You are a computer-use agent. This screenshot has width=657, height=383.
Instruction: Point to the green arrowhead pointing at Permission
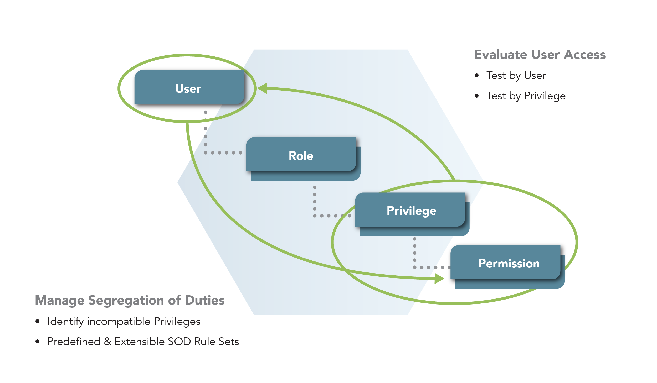pyautogui.click(x=439, y=278)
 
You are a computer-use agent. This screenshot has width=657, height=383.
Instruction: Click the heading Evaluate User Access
pyautogui.click(x=540, y=55)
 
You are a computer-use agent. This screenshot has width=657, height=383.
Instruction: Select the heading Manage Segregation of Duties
pyautogui.click(x=130, y=300)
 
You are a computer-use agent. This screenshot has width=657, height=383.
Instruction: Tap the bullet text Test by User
pyautogui.click(x=516, y=76)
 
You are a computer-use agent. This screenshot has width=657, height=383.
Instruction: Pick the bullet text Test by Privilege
pyautogui.click(x=526, y=96)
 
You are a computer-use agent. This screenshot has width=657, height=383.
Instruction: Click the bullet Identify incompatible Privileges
pyautogui.click(x=124, y=321)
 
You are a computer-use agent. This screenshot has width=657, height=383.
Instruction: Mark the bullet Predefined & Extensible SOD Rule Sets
pyautogui.click(x=143, y=342)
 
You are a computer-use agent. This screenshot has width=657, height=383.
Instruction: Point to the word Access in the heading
pyautogui.click(x=585, y=55)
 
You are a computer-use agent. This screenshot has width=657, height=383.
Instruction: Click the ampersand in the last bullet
pyautogui.click(x=107, y=342)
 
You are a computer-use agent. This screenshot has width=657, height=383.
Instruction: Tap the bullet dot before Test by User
pyautogui.click(x=476, y=76)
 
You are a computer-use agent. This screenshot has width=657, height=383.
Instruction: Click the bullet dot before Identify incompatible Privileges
pyautogui.click(x=38, y=321)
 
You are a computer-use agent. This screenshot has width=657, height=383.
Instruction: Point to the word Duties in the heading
pyautogui.click(x=205, y=300)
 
